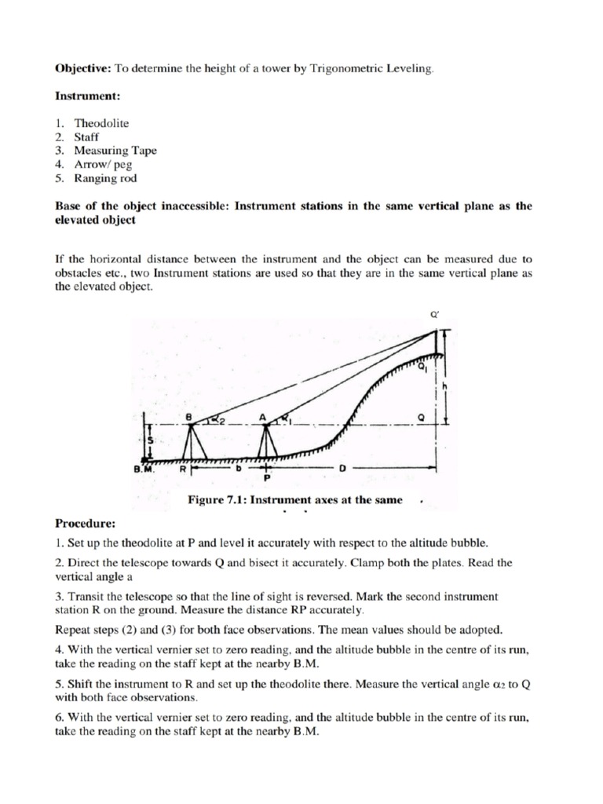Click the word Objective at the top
[x=83, y=69]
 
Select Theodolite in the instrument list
[x=101, y=123]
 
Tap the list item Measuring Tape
[x=115, y=151]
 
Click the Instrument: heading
[x=87, y=97]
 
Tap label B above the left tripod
[x=188, y=415]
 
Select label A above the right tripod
[x=263, y=415]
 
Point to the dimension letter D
[x=342, y=469]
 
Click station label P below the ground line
[x=267, y=477]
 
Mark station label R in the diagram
[x=182, y=469]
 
